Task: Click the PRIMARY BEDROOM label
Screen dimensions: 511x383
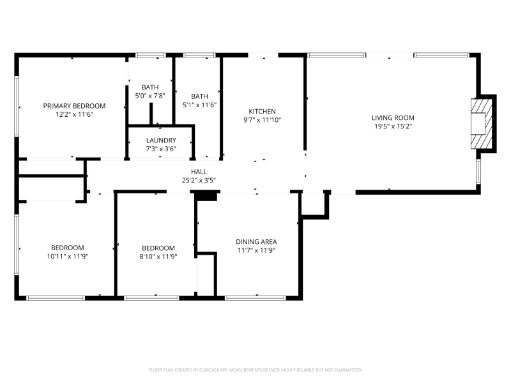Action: tap(74, 106)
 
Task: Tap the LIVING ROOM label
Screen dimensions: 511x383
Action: tap(393, 118)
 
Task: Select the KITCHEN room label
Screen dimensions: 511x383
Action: tap(262, 111)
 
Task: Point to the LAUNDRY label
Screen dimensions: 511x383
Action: tap(161, 140)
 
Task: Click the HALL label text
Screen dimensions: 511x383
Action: tap(199, 172)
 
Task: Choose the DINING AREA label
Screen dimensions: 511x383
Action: tap(257, 242)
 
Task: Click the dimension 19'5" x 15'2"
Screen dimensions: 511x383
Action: tap(393, 126)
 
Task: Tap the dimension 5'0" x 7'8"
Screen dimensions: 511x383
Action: tap(150, 96)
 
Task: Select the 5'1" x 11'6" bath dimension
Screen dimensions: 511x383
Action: tap(199, 105)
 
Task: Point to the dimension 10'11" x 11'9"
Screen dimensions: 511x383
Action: tap(68, 257)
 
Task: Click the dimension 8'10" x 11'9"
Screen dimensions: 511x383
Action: tap(158, 257)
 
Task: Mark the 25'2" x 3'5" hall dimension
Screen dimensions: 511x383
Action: tap(199, 180)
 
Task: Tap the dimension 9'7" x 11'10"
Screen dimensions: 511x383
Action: tap(262, 120)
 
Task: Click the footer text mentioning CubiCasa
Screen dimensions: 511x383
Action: tap(255, 370)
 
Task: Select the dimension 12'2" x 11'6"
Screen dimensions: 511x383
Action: tap(74, 114)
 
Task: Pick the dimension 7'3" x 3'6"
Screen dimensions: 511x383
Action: tap(161, 149)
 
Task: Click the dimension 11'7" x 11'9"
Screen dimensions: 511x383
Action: tap(257, 250)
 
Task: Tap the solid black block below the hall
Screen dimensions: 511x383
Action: tap(206, 196)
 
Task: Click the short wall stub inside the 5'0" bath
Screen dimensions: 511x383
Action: tap(151, 114)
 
